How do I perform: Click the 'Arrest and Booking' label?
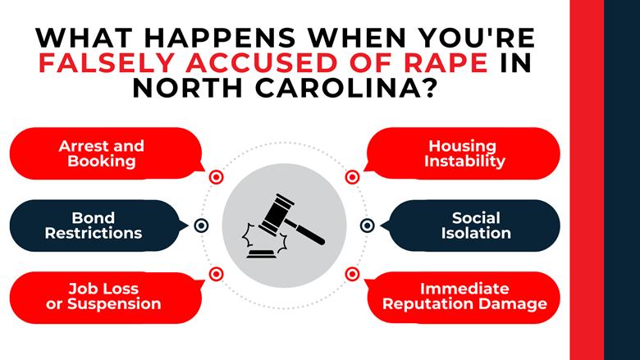(x=101, y=153)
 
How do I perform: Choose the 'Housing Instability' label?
(x=464, y=153)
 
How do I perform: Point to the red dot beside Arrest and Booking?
(x=217, y=176)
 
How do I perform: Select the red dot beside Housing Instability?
(x=352, y=176)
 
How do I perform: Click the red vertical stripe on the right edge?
(x=587, y=180)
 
